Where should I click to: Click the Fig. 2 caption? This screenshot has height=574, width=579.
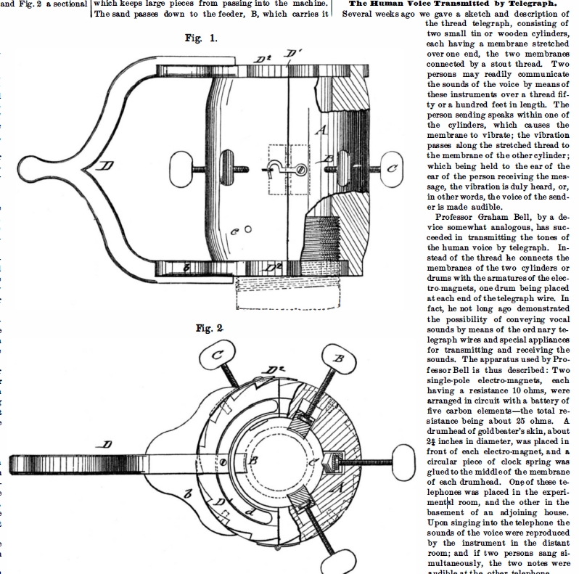click(209, 328)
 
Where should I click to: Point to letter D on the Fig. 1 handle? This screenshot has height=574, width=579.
click(107, 167)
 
